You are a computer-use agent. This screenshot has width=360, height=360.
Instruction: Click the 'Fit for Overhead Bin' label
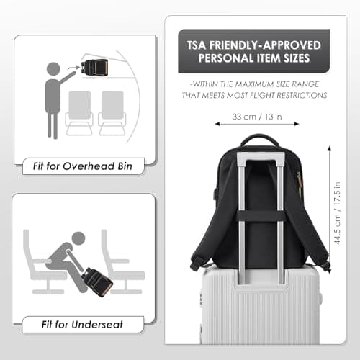[x=83, y=166]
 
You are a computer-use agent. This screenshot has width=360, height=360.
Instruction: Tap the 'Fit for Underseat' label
[x=82, y=325]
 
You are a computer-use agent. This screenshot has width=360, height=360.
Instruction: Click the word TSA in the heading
[x=197, y=45]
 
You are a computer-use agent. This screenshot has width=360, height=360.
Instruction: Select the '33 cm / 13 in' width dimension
[x=257, y=117]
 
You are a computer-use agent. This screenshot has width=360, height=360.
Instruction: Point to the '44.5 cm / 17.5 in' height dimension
[x=337, y=213]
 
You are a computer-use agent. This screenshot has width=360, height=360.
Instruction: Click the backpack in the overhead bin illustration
[x=94, y=67]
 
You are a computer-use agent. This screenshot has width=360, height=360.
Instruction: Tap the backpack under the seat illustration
[x=97, y=282]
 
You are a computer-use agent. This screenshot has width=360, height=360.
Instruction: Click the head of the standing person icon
[x=53, y=69]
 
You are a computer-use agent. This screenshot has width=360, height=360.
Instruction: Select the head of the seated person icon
[x=78, y=238]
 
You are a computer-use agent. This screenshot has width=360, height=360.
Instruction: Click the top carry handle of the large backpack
[x=259, y=138]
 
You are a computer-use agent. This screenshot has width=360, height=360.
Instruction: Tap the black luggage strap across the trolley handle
[x=261, y=216]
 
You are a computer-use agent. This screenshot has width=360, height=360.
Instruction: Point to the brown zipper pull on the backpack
[x=300, y=182]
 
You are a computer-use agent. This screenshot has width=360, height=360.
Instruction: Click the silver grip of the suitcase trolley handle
[x=261, y=156]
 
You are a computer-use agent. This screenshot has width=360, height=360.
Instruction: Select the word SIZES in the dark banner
[x=297, y=58]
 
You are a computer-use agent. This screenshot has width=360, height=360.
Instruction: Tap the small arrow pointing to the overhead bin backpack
[x=73, y=68]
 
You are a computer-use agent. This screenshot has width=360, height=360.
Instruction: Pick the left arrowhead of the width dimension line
[x=217, y=124]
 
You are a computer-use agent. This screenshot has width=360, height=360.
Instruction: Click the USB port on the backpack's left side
[x=215, y=194]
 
